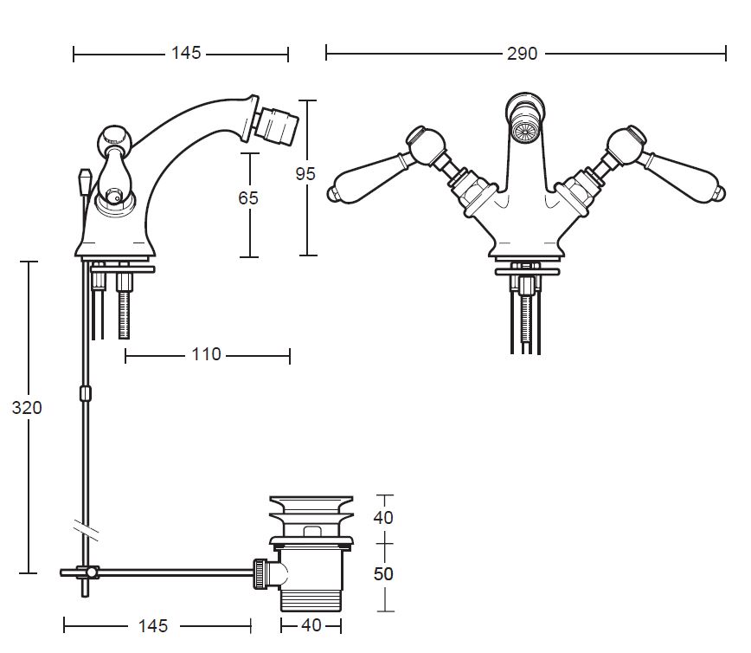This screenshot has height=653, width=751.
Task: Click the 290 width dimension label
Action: pos(522,53)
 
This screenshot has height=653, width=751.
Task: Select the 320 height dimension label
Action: pos(27,408)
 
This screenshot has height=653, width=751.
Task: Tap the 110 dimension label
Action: pos(206,354)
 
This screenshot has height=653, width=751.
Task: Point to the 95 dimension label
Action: pos(305,173)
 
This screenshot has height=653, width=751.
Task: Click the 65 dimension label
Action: pos(248,197)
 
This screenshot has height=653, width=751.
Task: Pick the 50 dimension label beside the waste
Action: pos(383,574)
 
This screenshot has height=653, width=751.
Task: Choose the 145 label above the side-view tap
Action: pos(186,53)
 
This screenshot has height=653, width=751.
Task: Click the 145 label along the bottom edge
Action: pos(153,625)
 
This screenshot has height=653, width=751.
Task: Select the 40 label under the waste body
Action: pos(311,625)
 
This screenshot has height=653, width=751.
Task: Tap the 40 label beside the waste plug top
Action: pos(383,517)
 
